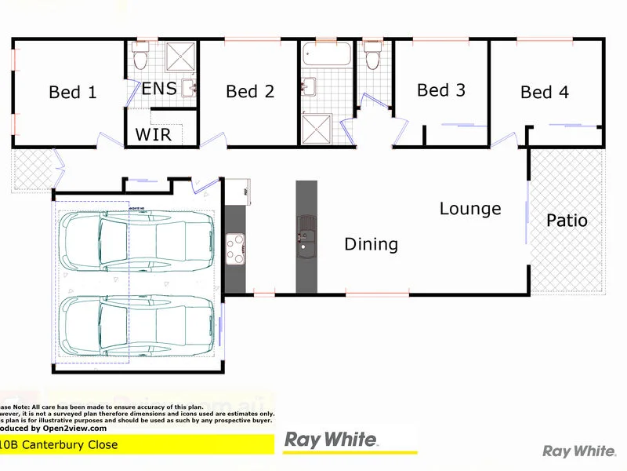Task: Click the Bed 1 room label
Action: click(x=73, y=93)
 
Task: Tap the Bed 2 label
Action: click(x=250, y=92)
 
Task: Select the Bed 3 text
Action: click(x=441, y=90)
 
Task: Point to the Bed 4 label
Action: click(x=545, y=93)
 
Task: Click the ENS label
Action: click(x=158, y=88)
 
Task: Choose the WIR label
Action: click(x=153, y=134)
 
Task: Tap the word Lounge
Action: click(x=470, y=209)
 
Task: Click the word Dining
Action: click(x=371, y=245)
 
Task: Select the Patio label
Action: click(x=567, y=221)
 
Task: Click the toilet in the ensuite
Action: click(x=141, y=57)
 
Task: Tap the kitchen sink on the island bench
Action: click(x=305, y=235)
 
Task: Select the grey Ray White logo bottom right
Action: click(x=578, y=451)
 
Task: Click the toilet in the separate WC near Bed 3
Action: click(x=372, y=56)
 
